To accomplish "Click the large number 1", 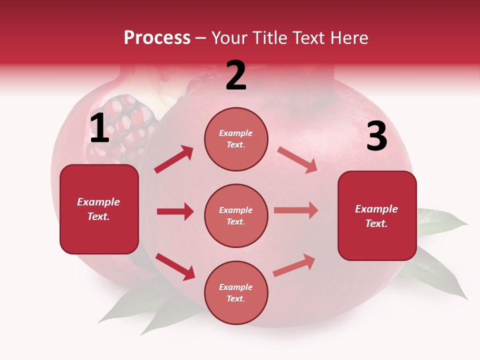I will (x=99, y=128).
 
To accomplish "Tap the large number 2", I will (x=236, y=75).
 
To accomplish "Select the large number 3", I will (x=376, y=137).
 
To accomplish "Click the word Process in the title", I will (x=157, y=38).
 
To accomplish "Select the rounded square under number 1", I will (x=99, y=209).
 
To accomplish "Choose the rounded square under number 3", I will (x=377, y=216).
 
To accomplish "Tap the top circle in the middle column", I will (x=236, y=139).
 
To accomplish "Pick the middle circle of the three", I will (x=236, y=216).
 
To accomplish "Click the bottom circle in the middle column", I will (x=236, y=292).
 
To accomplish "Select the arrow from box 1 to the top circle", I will (x=174, y=159).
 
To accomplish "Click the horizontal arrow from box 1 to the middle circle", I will (x=175, y=211).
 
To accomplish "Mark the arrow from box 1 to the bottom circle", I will (x=175, y=266).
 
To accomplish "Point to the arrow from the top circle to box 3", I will (x=297, y=160).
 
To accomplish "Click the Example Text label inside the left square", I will (x=98, y=209).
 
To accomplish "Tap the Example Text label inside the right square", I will (x=376, y=216).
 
